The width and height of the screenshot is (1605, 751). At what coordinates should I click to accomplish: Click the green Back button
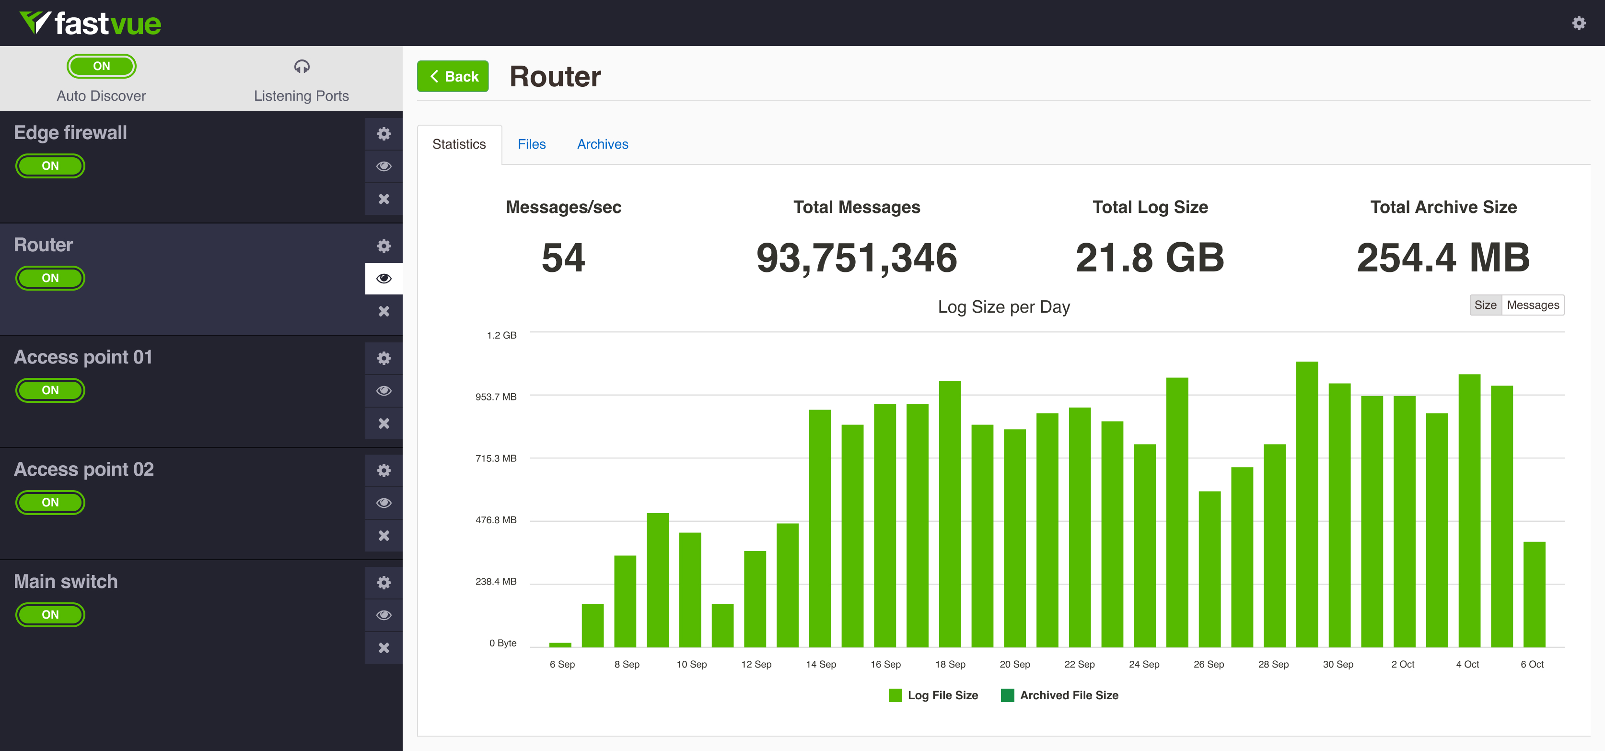coord(453,76)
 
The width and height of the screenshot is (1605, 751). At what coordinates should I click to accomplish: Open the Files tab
coord(532,144)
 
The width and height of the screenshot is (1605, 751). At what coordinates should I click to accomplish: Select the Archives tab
coord(603,144)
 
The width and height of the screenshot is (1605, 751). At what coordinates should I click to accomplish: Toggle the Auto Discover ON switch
coord(102,66)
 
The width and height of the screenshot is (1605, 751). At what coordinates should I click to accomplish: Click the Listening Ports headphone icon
coord(302,67)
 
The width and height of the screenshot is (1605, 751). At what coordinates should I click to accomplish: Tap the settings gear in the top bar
coord(1578,23)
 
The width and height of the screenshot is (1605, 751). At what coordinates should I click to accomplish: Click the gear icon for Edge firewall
coord(384,133)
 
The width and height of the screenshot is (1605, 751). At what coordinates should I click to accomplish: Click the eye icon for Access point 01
coord(384,391)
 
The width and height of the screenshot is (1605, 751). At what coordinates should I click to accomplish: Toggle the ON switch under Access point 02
coord(50,502)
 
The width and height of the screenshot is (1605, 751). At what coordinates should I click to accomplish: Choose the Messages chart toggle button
coord(1532,305)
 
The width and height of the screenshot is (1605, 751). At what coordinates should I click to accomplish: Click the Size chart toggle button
coord(1485,305)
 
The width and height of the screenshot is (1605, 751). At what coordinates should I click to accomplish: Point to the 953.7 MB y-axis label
coord(496,397)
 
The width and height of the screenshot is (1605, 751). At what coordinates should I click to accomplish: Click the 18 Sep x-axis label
coord(950,664)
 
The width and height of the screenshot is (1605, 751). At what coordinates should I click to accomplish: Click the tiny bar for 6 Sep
coord(560,645)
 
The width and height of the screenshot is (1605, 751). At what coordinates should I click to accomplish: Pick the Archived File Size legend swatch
coord(1007,695)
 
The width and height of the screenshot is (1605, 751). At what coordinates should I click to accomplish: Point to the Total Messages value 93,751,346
coord(856,258)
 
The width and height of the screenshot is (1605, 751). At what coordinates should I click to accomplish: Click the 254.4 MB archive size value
coord(1443,258)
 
